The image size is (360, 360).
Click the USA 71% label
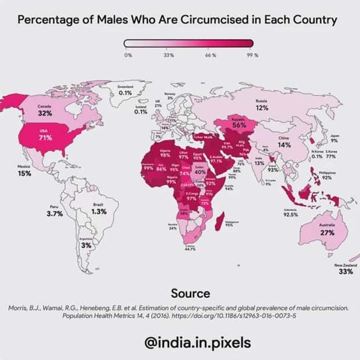click(46, 135)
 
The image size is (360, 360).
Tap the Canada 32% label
click(45, 110)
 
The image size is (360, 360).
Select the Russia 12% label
click(261, 105)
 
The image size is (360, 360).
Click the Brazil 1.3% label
click(99, 209)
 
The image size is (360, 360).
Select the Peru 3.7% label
click(55, 211)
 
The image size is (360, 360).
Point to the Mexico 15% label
click(24, 171)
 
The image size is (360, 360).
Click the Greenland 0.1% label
click(125, 90)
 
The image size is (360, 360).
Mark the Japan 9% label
click(334, 138)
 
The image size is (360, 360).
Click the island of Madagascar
click(219, 220)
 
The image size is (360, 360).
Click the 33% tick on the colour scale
click(169, 55)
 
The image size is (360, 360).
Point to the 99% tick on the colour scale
click(252, 55)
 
